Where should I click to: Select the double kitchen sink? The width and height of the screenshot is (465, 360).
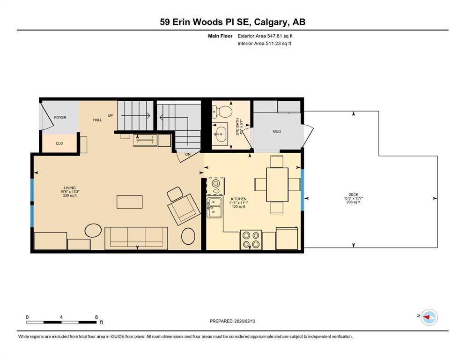[214, 208]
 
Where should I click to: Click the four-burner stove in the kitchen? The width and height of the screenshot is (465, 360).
[251, 240]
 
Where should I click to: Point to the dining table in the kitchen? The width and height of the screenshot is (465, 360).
[277, 185]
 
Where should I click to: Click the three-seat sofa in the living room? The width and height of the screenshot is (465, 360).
[136, 238]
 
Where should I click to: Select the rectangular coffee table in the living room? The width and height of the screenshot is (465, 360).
[130, 202]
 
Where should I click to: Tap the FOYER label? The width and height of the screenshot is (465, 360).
[60, 118]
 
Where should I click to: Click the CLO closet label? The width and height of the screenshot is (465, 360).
[59, 143]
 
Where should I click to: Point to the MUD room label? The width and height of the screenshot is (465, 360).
[277, 131]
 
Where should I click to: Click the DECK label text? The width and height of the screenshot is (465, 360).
[354, 195]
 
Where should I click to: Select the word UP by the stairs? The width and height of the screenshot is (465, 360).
[111, 115]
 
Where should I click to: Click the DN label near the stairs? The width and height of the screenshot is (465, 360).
[188, 155]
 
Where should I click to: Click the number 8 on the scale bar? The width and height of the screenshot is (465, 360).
[96, 317]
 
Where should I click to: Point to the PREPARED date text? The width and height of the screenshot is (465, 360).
[232, 321]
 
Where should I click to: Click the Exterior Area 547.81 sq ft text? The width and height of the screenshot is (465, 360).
[265, 36]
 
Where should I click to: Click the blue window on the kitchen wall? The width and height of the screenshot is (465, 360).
[303, 190]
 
